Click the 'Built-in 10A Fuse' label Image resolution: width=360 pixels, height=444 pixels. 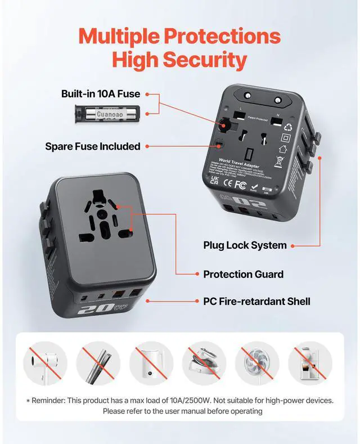(x=100, y=93)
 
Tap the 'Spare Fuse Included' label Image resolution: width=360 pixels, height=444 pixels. (x=92, y=146)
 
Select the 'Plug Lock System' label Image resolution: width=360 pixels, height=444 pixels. (x=245, y=245)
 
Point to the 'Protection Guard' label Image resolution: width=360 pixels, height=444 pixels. (x=243, y=274)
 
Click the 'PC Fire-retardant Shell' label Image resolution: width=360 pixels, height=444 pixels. (x=256, y=302)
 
